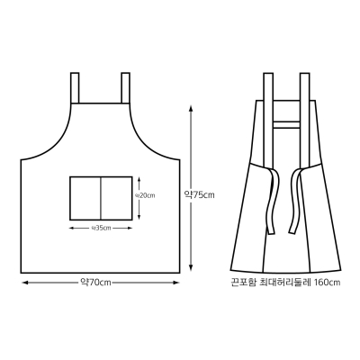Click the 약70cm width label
tap(95, 283)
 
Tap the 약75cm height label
tap(199, 195)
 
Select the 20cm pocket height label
tap(145, 195)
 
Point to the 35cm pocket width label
tap(101, 229)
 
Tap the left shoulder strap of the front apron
tap(75, 88)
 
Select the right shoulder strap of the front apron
tap(125, 88)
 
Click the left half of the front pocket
tap(85, 198)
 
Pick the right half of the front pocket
tap(116, 198)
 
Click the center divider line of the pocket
tap(101, 198)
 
